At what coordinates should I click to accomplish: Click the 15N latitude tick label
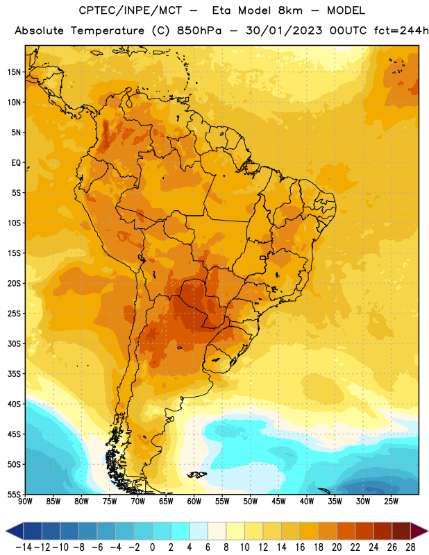click(14, 72)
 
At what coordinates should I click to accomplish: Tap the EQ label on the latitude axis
click(16, 163)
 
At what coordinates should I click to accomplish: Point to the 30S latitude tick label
click(14, 343)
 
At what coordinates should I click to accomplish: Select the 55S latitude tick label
click(14, 495)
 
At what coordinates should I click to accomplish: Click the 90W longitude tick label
click(26, 502)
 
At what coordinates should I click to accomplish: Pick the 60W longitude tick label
click(194, 502)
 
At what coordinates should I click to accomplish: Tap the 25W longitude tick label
click(391, 502)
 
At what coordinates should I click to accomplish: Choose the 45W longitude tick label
click(278, 502)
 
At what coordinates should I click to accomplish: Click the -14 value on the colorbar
click(24, 547)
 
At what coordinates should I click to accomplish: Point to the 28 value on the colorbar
click(410, 547)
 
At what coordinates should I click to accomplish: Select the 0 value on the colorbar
click(152, 547)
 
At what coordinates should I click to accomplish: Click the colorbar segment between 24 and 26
click(383, 531)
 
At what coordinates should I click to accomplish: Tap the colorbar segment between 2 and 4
click(180, 531)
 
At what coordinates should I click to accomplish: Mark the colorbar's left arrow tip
click(6, 531)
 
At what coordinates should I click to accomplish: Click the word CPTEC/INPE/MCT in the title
click(130, 10)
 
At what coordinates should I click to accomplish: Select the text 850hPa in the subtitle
click(199, 31)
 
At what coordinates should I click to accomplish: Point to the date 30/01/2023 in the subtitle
click(284, 31)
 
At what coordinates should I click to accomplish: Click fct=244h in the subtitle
click(401, 31)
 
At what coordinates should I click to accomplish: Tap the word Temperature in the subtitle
click(108, 31)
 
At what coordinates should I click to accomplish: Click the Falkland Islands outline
click(196, 475)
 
